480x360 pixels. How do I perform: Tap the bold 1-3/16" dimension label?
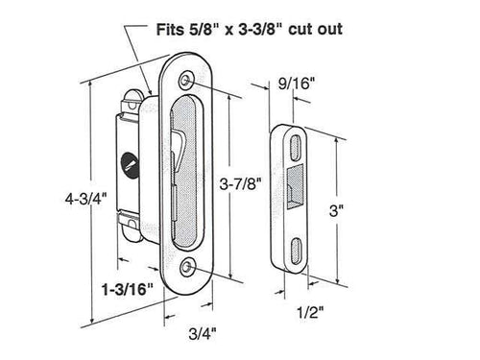(x=127, y=286)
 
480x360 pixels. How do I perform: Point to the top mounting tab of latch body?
(x=136, y=93)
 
